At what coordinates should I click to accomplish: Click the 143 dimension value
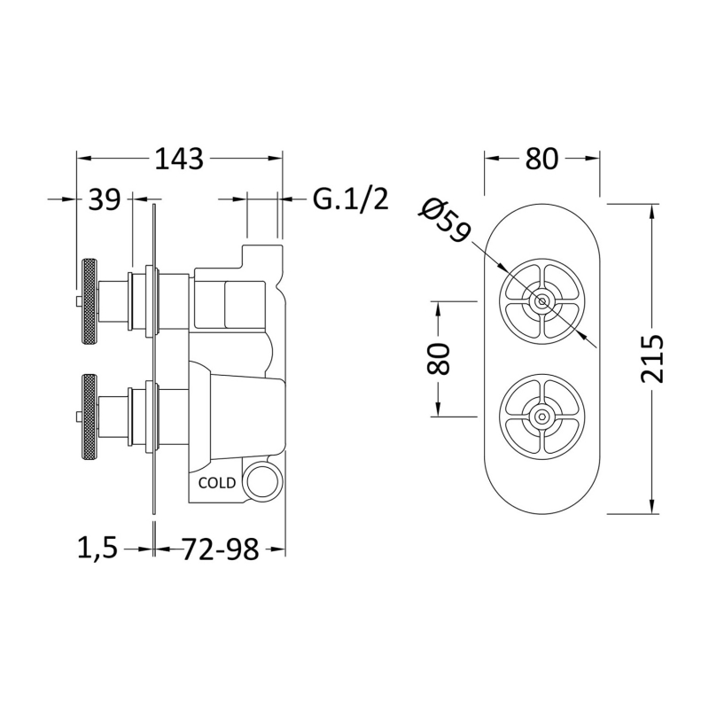tap(179, 159)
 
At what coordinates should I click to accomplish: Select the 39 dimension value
tap(105, 199)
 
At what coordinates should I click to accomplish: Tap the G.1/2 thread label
tap(350, 199)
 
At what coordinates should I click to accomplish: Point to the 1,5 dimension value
tap(97, 547)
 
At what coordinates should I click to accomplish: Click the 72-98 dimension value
tap(220, 549)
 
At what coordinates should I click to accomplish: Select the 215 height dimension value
tap(651, 358)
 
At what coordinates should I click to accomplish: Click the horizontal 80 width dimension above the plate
tap(542, 159)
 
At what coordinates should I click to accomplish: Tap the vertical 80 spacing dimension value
tap(438, 359)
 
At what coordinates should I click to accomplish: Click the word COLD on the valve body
tap(217, 483)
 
